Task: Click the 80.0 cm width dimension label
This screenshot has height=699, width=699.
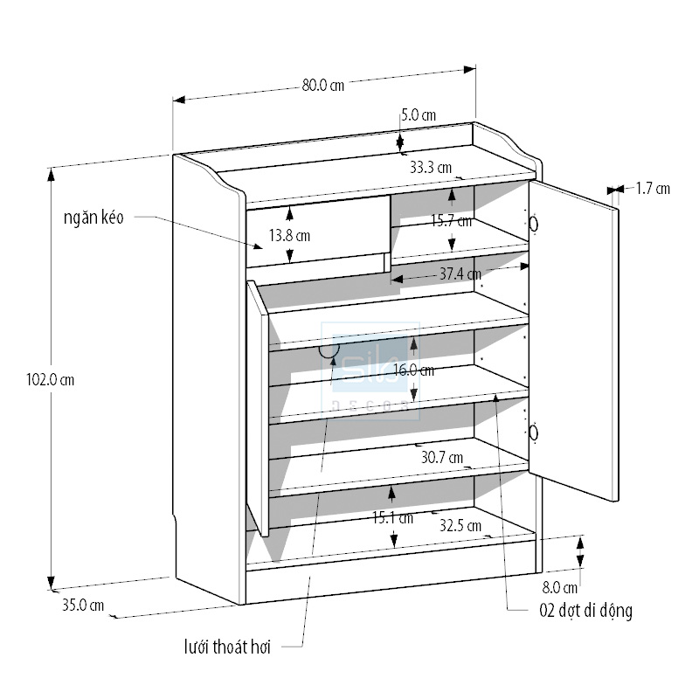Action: [x=323, y=86]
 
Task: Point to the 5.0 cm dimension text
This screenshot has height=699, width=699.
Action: [x=419, y=114]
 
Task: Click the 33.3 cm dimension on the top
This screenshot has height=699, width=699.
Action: [x=431, y=167]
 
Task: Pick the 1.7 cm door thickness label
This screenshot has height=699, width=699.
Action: [x=652, y=188]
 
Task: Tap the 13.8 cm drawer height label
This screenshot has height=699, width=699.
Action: [x=289, y=234]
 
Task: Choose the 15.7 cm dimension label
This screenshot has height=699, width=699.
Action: [x=451, y=221]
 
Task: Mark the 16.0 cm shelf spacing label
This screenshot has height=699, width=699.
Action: [x=413, y=370]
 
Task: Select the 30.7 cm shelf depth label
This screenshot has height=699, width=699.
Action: [x=442, y=456]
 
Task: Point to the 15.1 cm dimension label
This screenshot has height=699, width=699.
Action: [x=392, y=517]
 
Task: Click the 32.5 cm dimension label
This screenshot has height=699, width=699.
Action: [x=460, y=526]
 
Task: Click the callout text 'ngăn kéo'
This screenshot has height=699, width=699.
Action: [x=93, y=218]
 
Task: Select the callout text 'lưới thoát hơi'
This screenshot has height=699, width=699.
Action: [x=227, y=647]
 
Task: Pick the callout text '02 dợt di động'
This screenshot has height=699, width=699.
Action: [x=585, y=610]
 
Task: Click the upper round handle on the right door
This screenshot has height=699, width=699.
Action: [x=533, y=224]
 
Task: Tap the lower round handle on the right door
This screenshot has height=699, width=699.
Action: [x=533, y=432]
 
